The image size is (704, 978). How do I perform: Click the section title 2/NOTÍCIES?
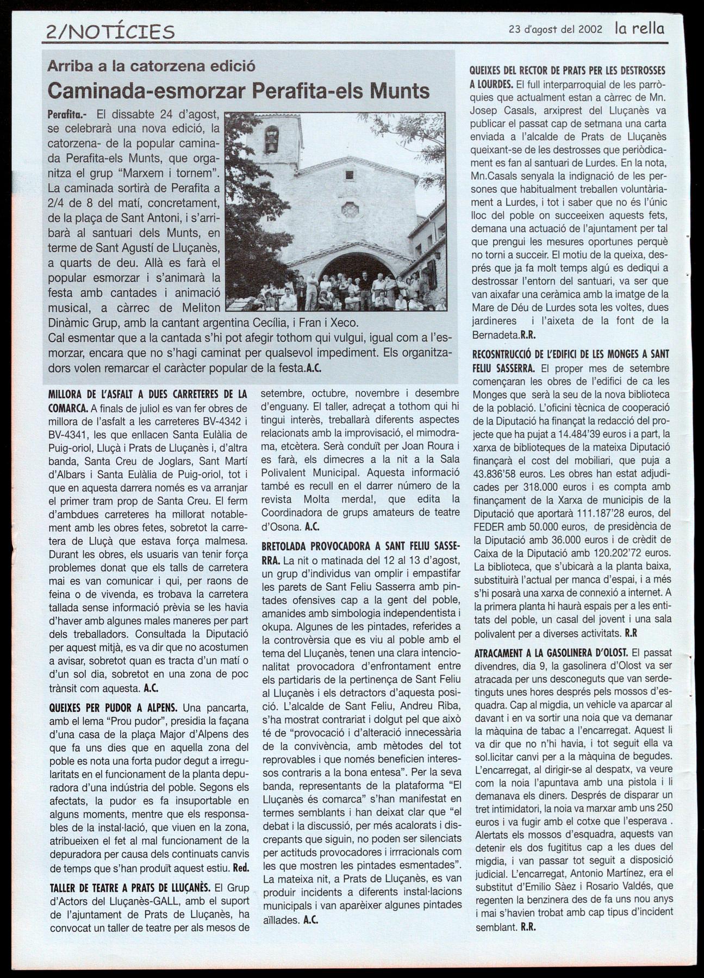[x=111, y=31]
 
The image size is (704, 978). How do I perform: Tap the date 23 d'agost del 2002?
[x=555, y=29]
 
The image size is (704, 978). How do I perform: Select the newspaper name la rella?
[x=639, y=28]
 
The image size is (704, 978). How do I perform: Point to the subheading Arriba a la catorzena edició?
[x=151, y=66]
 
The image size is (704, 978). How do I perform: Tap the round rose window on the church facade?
[x=350, y=209]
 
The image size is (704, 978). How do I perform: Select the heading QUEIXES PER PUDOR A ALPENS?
[x=113, y=708]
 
